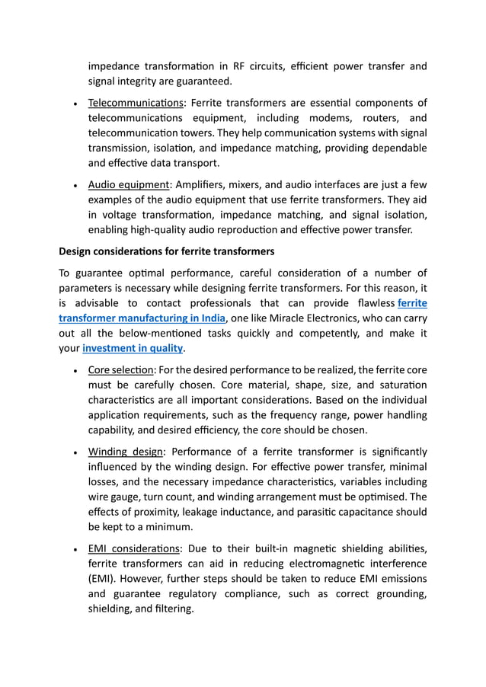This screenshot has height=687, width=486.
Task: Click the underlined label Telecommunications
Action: coord(136,104)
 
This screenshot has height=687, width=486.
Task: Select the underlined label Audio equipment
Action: coord(128,185)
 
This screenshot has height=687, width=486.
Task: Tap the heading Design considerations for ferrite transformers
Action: coord(166,251)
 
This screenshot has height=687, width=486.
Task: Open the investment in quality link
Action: coord(133,348)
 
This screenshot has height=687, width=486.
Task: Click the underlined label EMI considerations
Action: coord(134,548)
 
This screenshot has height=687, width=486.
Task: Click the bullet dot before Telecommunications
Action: coord(75,104)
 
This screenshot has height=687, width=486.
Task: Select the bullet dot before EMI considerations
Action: coord(75,549)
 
